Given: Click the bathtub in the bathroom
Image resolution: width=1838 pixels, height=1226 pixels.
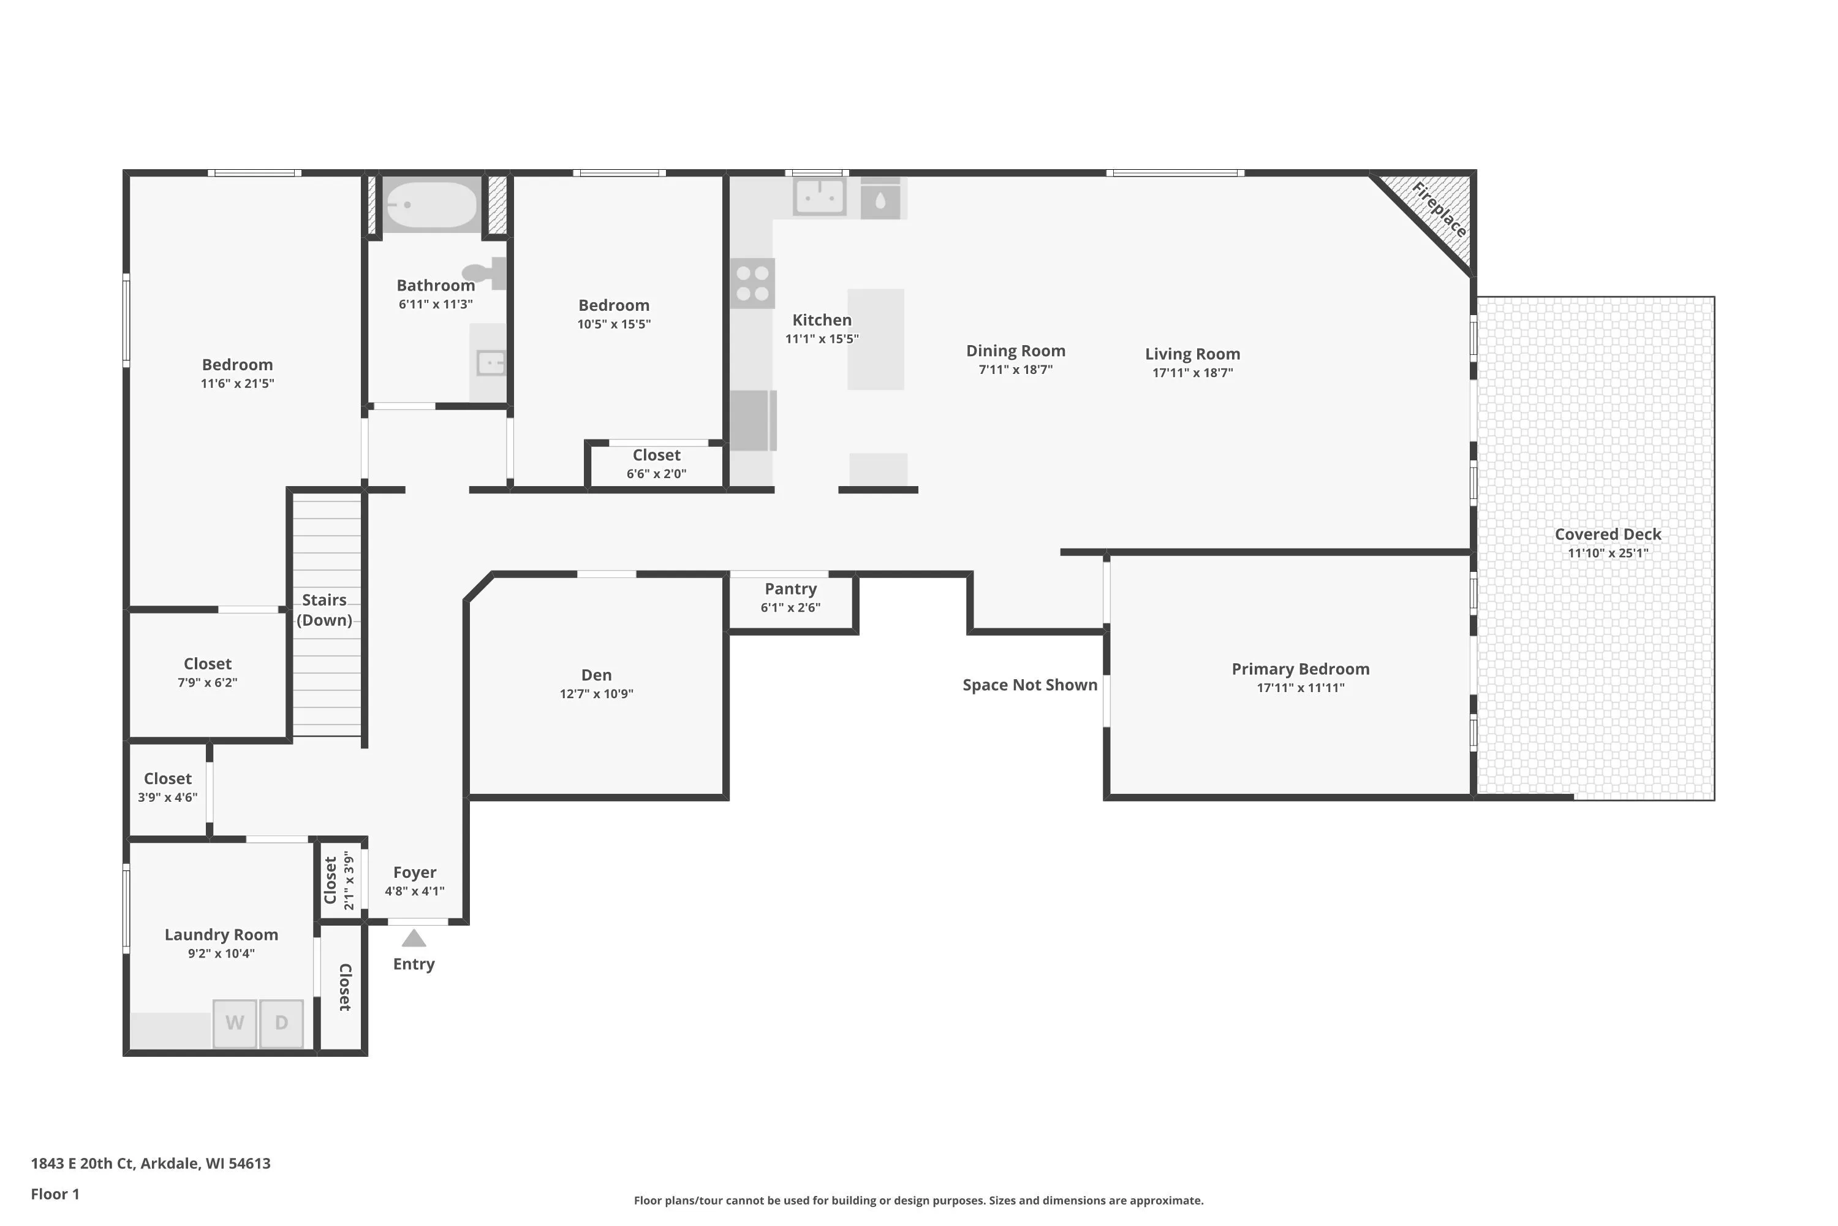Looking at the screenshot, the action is pyautogui.click(x=431, y=204).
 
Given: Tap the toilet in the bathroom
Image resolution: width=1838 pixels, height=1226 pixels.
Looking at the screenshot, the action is pyautogui.click(x=485, y=273).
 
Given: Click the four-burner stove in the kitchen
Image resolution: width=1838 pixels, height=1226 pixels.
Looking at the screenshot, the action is pyautogui.click(x=752, y=283).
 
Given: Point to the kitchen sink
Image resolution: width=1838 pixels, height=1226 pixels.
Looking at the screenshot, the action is pyautogui.click(x=819, y=196).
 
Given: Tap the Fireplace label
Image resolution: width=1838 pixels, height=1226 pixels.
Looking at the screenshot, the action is pyautogui.click(x=1439, y=210).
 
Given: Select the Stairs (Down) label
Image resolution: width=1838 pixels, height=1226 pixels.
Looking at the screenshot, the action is pyautogui.click(x=324, y=610).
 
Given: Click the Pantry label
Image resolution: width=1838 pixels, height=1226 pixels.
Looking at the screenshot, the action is pyautogui.click(x=791, y=588).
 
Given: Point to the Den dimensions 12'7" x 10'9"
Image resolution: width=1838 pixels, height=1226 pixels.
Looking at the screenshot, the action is pyautogui.click(x=596, y=693).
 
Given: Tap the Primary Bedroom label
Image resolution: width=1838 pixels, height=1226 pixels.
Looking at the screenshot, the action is pyautogui.click(x=1300, y=669).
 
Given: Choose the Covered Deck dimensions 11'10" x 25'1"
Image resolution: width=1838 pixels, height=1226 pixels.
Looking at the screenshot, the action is pyautogui.click(x=1608, y=553).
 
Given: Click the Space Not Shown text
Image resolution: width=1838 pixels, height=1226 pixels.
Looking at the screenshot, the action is pyautogui.click(x=1030, y=685).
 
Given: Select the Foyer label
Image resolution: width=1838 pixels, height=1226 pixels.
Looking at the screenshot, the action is pyautogui.click(x=415, y=872).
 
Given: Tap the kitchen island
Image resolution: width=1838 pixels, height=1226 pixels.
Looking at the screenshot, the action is pyautogui.click(x=876, y=340).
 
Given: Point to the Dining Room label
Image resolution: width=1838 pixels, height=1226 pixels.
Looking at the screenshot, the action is pyautogui.click(x=1016, y=351).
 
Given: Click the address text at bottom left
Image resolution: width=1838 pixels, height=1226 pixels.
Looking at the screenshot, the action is pyautogui.click(x=151, y=1163).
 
